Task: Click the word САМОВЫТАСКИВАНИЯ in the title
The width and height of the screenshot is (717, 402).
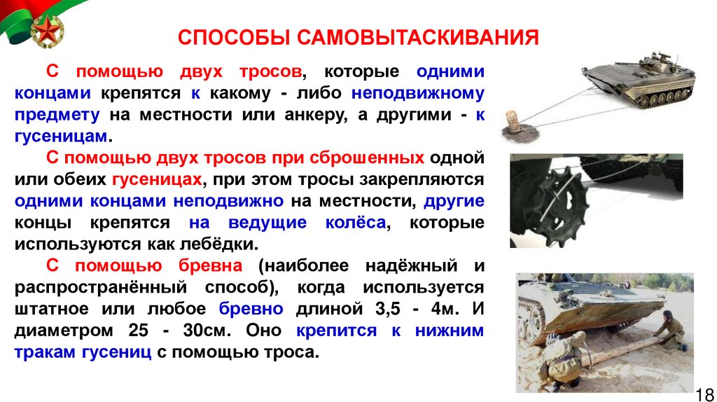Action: click(419, 36)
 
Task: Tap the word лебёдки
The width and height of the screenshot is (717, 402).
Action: click(226, 245)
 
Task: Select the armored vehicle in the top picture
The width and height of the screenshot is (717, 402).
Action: click(640, 78)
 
